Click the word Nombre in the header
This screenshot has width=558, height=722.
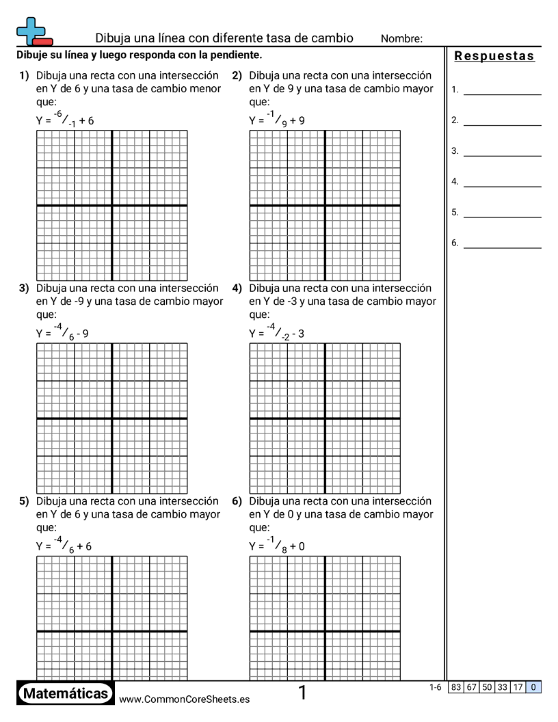[401, 39]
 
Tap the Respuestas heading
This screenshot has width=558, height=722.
[494, 56]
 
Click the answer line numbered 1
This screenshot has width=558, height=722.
[502, 90]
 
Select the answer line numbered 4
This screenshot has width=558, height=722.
[502, 182]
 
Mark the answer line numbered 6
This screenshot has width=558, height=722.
[502, 243]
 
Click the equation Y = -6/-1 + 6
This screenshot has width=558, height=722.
[65, 120]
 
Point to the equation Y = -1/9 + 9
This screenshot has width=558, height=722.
[277, 120]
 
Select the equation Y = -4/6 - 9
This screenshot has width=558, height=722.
[62, 333]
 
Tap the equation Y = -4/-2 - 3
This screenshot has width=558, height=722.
[277, 333]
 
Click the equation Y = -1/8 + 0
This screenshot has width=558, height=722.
[277, 546]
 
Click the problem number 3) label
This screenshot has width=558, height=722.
[23, 289]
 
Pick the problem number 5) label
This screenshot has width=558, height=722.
[23, 501]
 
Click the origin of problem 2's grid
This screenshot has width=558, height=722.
[325, 205]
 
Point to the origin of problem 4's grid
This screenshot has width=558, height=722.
[325, 418]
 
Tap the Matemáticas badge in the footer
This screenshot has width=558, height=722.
[66, 694]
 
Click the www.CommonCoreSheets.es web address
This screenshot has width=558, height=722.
[184, 699]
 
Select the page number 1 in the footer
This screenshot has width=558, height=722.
[302, 693]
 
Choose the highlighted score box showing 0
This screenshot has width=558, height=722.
[533, 687]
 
